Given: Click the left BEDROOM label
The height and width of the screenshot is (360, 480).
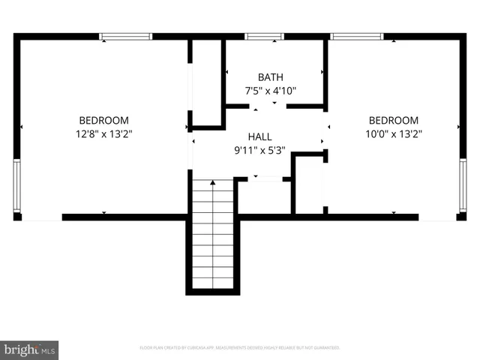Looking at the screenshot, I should point(104,120).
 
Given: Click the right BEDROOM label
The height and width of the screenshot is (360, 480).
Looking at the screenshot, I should point(393,120).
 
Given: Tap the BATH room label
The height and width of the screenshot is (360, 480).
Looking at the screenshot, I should point(271,77).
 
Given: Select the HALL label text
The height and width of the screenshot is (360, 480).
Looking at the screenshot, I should point(260,137).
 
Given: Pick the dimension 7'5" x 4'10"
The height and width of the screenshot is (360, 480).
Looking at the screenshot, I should point(271,91).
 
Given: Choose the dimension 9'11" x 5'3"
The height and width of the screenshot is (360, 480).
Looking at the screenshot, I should point(260,150).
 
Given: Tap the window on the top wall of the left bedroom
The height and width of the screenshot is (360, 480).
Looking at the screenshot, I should point(126,35).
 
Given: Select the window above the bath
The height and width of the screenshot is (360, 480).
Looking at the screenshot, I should point(259,35).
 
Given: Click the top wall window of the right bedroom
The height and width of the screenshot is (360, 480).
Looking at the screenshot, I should point(356,35).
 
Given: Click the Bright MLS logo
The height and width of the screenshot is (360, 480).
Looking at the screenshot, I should point(29,349).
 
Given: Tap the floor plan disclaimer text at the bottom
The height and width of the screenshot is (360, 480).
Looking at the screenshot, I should point(240,347).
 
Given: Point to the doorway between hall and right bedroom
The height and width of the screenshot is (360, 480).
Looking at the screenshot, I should point(325,131).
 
